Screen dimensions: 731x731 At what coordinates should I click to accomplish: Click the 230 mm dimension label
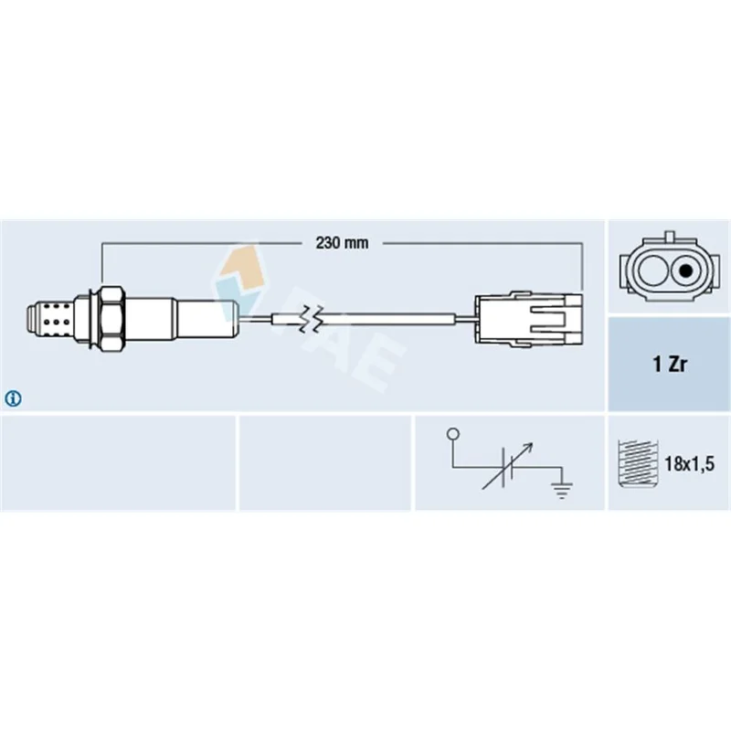pyautogui.click(x=342, y=243)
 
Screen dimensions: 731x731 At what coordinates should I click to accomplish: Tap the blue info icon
pyautogui.click(x=13, y=398)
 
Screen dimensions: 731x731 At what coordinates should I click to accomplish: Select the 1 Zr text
pyautogui.click(x=670, y=364)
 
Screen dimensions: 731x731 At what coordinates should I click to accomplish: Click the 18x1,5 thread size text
pyautogui.click(x=689, y=464)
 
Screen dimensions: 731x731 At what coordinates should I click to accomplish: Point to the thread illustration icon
pyautogui.click(x=637, y=463)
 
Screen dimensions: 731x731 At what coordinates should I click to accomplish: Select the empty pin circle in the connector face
pyautogui.click(x=652, y=270)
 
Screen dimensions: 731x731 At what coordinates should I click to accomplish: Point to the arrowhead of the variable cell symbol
pyautogui.click(x=529, y=447)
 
